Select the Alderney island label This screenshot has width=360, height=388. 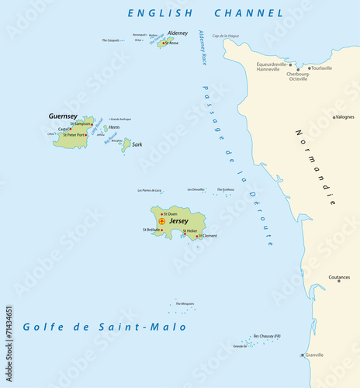[x=178, y=33]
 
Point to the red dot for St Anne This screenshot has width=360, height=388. [x=163, y=43]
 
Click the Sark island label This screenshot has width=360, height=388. [x=137, y=144]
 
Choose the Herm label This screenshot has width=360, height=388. [x=113, y=127]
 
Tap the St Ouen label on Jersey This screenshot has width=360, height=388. [x=171, y=213]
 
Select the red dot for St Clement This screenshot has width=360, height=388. [x=196, y=235]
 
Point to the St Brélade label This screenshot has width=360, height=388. [x=151, y=230]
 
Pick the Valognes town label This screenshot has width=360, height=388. [x=344, y=117]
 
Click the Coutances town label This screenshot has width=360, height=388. [x=339, y=277]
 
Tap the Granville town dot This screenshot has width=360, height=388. [x=303, y=355]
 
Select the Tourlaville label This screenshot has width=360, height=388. [x=321, y=68]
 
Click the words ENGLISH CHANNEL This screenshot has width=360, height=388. [x=206, y=13]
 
